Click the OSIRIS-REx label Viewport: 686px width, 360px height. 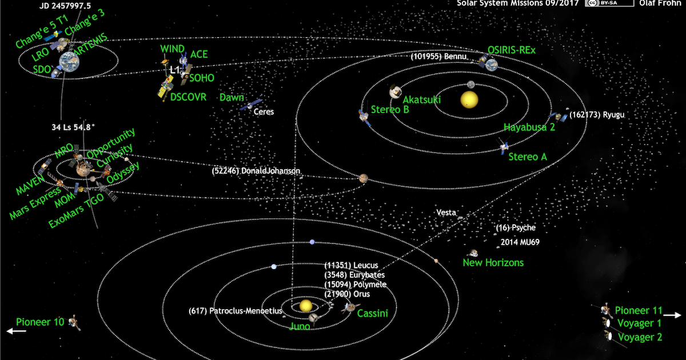pos(512,50)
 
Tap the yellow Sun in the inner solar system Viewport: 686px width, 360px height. pos(469,100)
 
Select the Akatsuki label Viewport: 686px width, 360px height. pos(422,99)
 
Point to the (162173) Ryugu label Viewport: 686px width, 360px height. pos(596,115)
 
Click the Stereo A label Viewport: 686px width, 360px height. pos(528,157)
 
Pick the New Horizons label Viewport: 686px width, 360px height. pos(493,263)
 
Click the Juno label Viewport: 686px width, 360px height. pos(300,326)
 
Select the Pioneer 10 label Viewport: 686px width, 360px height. pos(40,322)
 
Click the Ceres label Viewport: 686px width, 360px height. pos(264,112)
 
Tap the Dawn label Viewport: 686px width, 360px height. pos(232,98)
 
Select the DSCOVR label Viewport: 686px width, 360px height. pos(188,97)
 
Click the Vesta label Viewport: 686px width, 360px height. pos(446,213)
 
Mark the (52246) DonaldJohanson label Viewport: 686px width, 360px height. pos(256,171)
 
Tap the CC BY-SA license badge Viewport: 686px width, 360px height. pos(609,3)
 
